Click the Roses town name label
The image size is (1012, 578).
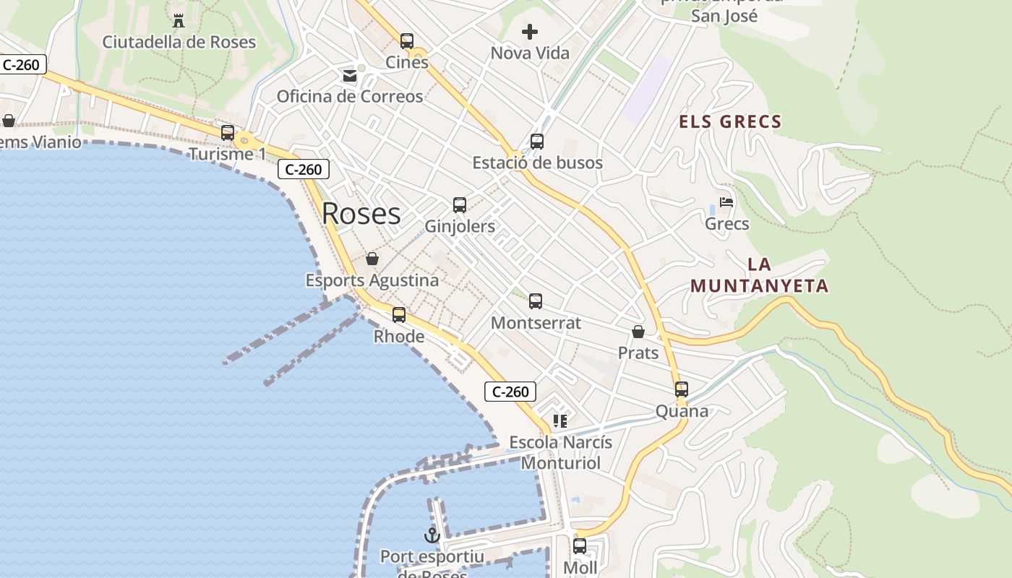(361, 213)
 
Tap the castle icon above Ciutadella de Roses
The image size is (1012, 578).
(179, 20)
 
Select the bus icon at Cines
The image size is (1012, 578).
(407, 41)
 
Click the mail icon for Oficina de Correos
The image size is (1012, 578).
(350, 75)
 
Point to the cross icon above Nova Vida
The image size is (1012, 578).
(530, 32)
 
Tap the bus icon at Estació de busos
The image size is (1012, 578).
(536, 142)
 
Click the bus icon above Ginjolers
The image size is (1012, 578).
(460, 205)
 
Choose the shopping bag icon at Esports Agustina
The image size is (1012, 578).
(372, 259)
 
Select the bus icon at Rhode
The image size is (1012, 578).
(399, 315)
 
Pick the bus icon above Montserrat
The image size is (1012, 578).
(536, 301)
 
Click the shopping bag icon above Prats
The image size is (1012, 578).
(638, 332)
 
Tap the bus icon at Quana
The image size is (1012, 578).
(682, 389)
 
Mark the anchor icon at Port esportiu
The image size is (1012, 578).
(432, 535)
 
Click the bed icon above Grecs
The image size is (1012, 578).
(726, 202)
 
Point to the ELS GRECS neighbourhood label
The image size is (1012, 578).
(730, 121)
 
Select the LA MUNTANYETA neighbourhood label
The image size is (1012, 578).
(759, 275)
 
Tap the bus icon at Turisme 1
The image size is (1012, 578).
(228, 133)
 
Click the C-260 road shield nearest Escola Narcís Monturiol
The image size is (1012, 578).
(510, 392)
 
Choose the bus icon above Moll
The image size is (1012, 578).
(580, 546)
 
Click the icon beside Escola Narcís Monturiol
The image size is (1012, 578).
(560, 420)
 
